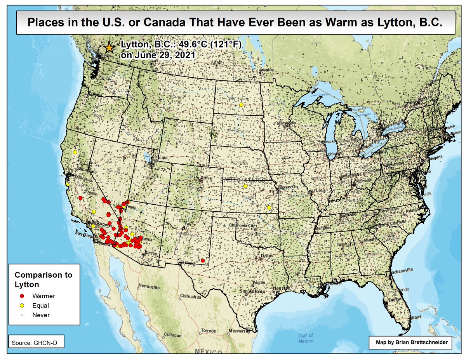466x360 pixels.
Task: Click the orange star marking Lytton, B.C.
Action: [x=109, y=48]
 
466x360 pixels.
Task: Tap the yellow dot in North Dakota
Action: [x=241, y=105]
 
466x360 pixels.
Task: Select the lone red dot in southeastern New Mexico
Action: [x=203, y=260]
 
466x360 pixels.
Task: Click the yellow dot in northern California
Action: [x=75, y=152]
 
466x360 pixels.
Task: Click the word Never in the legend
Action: [x=41, y=315]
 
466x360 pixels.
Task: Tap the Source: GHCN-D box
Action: [x=35, y=343]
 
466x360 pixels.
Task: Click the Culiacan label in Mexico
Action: [x=173, y=335]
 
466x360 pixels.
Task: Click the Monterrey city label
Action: [x=238, y=331]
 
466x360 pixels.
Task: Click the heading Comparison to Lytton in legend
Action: [x=43, y=279]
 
